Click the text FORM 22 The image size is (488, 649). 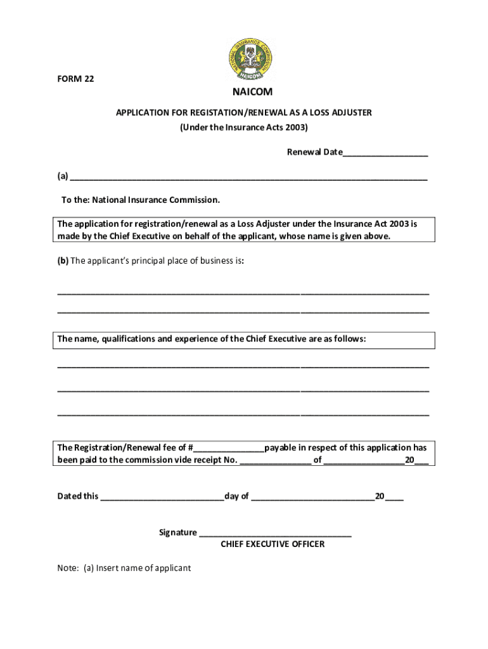click(x=76, y=79)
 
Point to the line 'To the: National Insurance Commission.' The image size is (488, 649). click(x=141, y=200)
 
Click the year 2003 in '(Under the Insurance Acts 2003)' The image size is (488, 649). click(x=294, y=127)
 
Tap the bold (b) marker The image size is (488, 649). click(x=63, y=261)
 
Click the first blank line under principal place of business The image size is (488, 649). click(x=243, y=293)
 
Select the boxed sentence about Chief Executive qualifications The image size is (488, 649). click(x=212, y=339)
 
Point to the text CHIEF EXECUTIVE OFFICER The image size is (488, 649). click(x=273, y=544)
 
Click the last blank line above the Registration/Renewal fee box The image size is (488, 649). click(x=243, y=414)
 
